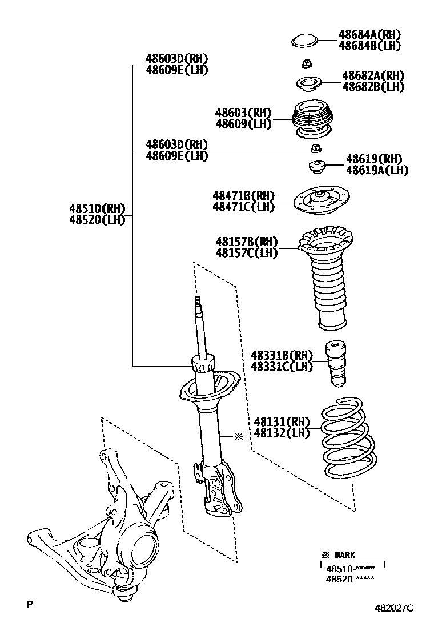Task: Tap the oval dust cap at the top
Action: point(304,41)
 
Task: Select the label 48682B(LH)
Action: point(373,87)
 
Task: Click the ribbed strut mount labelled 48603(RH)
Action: point(312,120)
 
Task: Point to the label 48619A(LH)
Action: point(377,170)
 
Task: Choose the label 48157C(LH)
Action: point(246,252)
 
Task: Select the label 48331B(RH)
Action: point(282,355)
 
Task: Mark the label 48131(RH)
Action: point(282,422)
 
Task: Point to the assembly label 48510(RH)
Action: point(97,209)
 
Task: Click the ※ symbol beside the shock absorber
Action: point(239,436)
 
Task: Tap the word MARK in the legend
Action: point(345,555)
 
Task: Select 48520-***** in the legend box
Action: point(351,579)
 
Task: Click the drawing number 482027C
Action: point(394,609)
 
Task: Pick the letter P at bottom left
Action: point(29,603)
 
